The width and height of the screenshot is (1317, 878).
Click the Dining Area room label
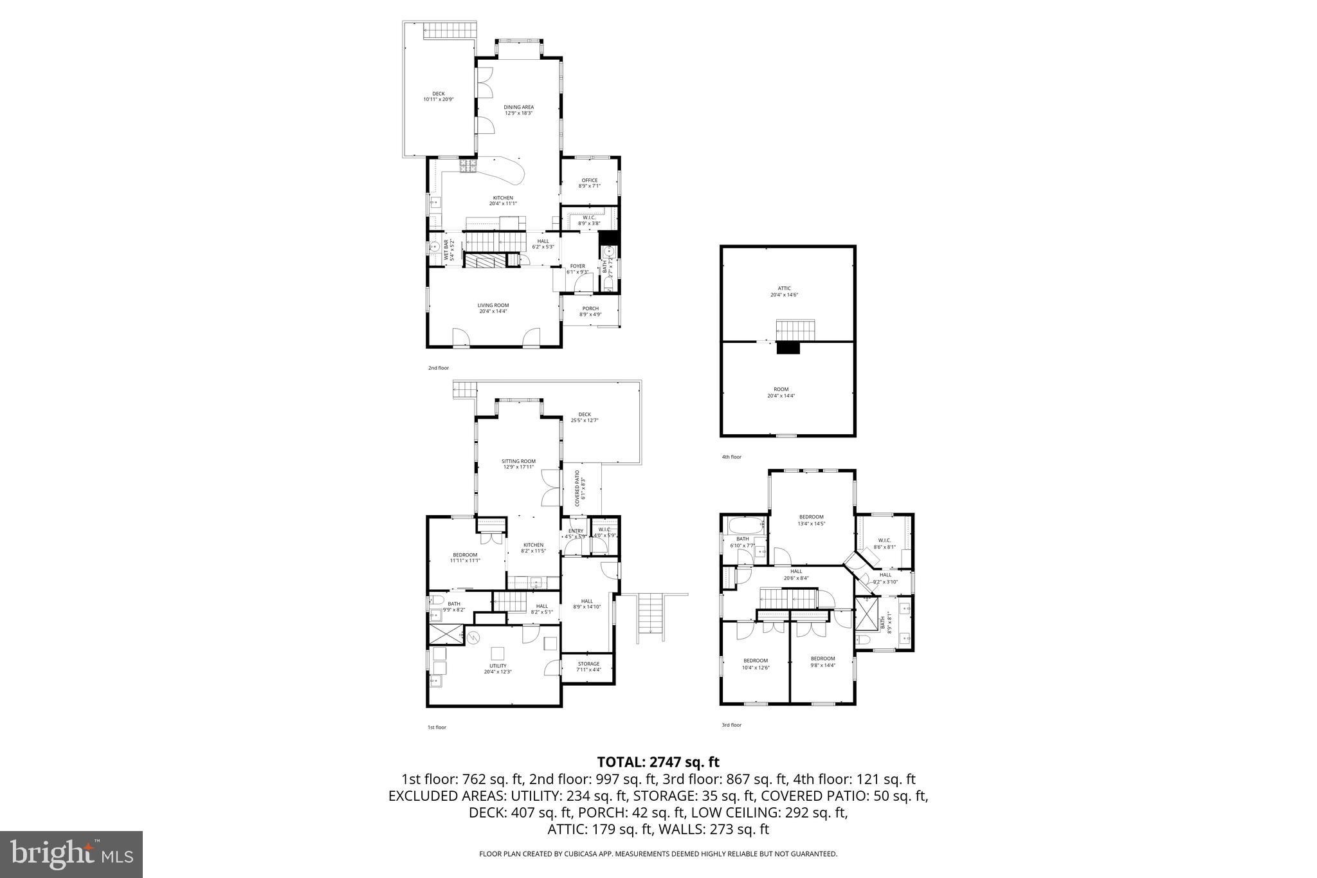pos(518,110)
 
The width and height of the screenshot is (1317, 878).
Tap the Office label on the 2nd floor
pos(589,183)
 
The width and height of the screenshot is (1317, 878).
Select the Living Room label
pos(493,308)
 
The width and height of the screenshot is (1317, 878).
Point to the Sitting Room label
pos(518,464)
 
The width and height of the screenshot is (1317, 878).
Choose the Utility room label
pos(498,668)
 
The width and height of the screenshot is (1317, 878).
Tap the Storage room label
pos(588,666)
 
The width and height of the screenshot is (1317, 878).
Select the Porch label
pos(590,311)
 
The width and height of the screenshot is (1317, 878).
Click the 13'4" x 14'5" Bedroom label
pos(811,520)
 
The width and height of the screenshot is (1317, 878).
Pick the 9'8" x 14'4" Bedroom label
pos(822,661)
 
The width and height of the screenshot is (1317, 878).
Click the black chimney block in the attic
pos(788,348)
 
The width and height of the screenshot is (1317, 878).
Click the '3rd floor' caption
pos(731,725)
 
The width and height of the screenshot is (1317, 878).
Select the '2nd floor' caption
pos(438,368)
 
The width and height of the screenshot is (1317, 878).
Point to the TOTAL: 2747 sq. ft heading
pos(658,762)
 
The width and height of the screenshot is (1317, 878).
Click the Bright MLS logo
pos(71,854)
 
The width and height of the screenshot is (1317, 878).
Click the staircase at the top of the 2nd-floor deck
pos(450,30)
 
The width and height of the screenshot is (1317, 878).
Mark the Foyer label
pos(577,268)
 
